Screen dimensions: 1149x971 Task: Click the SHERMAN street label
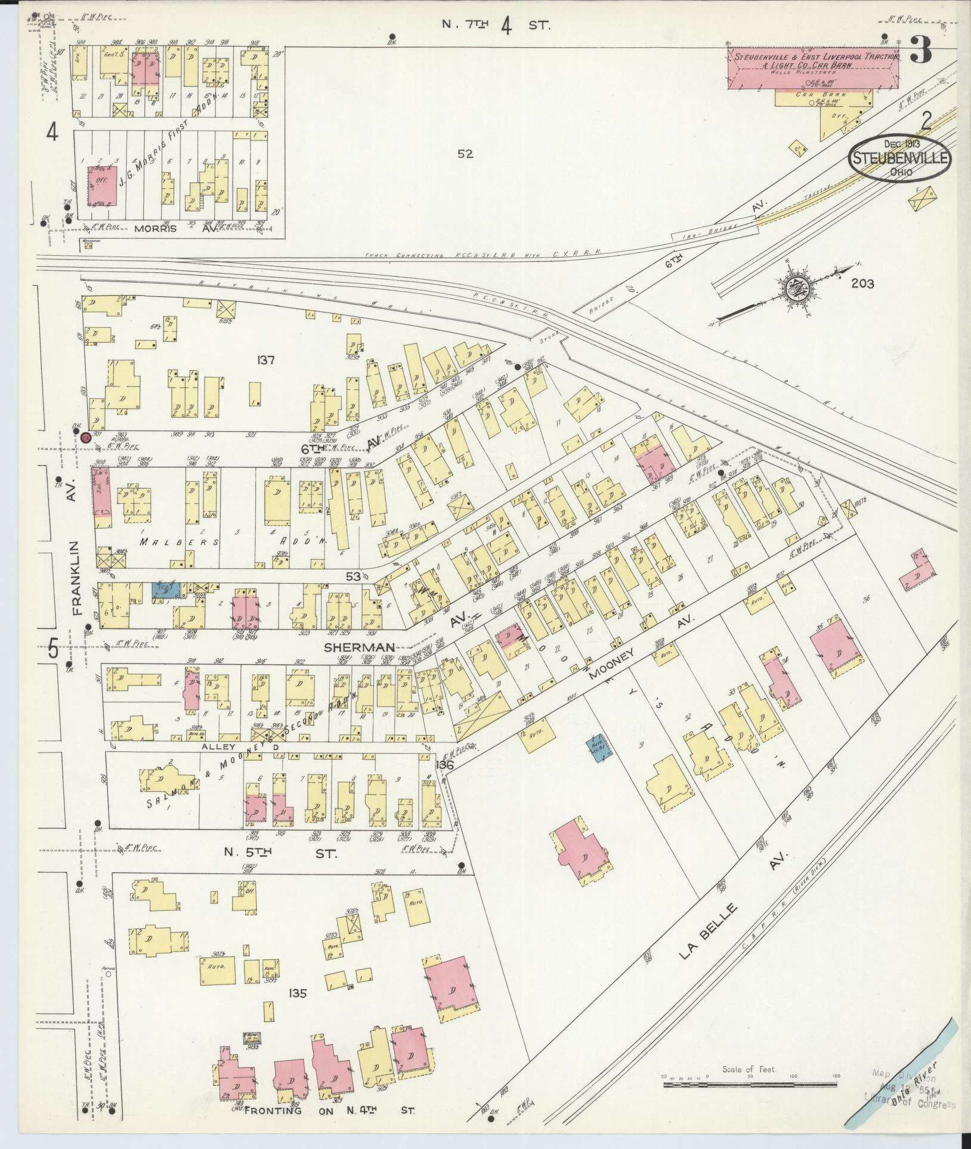(367, 647)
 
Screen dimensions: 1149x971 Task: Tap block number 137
(265, 360)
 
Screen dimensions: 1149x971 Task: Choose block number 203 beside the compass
(862, 284)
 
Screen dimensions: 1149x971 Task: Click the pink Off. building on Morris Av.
(103, 185)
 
